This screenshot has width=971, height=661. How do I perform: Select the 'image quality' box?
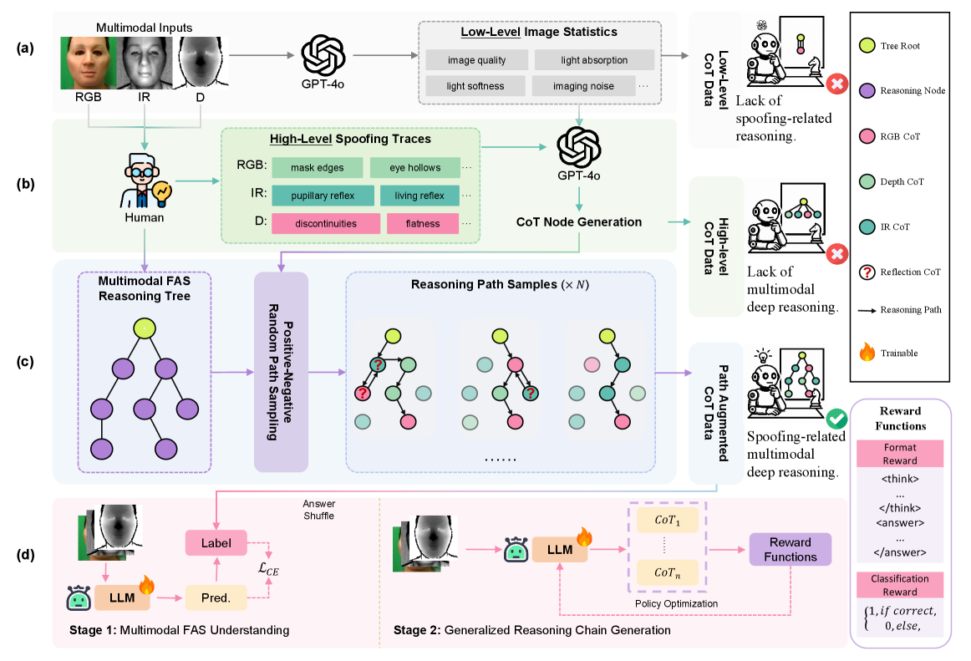(476, 60)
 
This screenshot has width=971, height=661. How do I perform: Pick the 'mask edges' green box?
(317, 167)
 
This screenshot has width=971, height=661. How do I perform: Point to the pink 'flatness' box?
(423, 223)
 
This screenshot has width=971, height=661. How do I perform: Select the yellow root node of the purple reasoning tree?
(145, 328)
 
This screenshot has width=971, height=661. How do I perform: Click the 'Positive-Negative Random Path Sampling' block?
(282, 371)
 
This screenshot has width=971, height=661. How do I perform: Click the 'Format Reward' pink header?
(899, 455)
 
